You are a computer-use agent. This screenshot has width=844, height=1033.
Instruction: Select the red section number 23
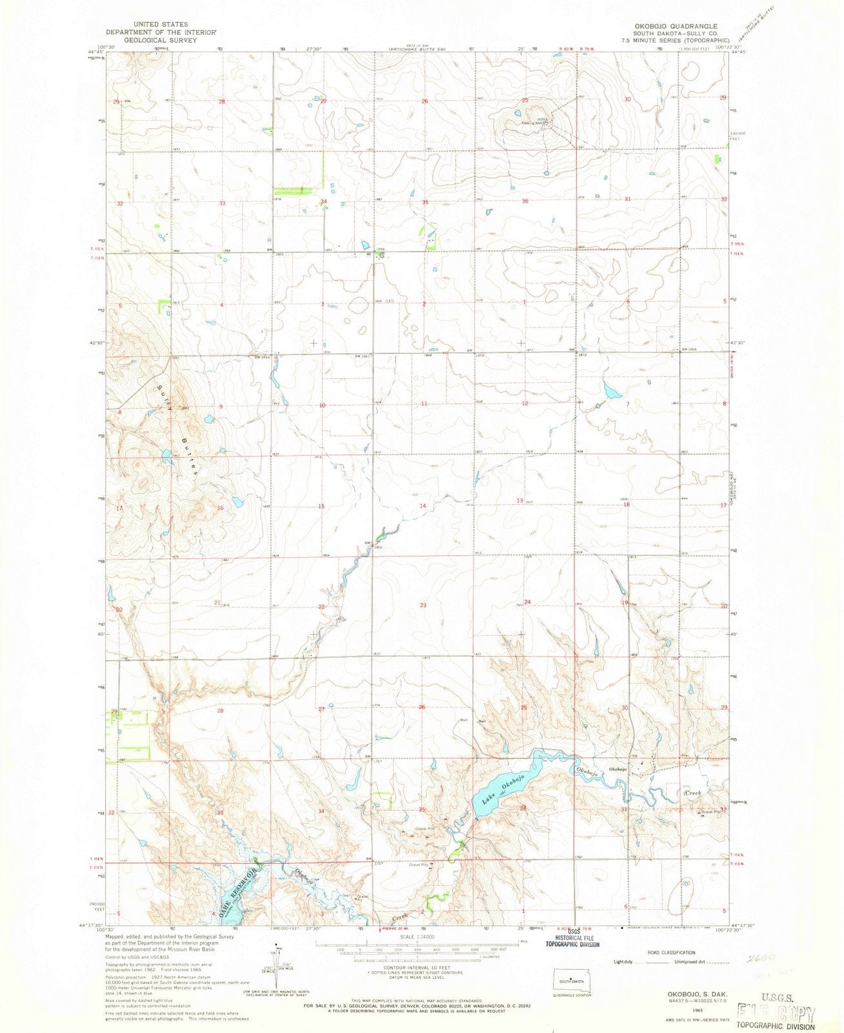(423, 605)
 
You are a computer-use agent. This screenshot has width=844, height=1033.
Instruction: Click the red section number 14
(423, 506)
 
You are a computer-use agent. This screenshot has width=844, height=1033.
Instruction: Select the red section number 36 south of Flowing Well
(525, 201)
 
